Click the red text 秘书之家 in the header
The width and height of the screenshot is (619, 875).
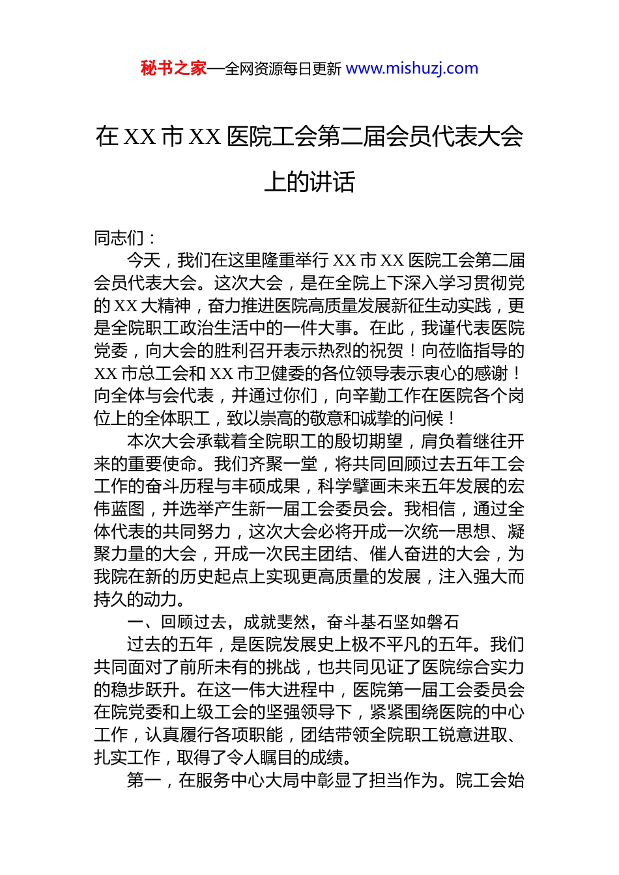pyautogui.click(x=173, y=68)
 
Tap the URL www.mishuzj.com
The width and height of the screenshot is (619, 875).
pyautogui.click(x=412, y=68)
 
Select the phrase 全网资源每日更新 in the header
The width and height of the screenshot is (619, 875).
pyautogui.click(x=283, y=68)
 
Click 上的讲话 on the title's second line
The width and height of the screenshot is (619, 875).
pyautogui.click(x=309, y=182)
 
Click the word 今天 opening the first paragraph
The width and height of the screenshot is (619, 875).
pyautogui.click(x=143, y=260)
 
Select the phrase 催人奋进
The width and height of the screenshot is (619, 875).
pyautogui.click(x=403, y=554)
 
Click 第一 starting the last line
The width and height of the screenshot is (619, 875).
pyautogui.click(x=143, y=780)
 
